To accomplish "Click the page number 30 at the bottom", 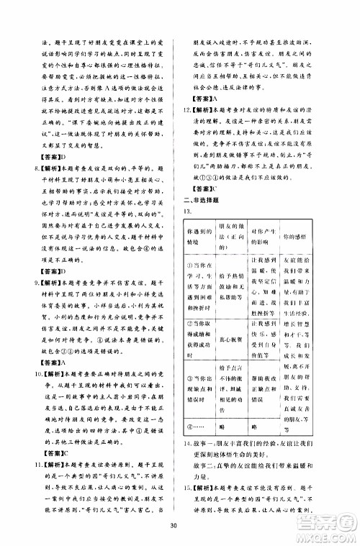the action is pos(180,523).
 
